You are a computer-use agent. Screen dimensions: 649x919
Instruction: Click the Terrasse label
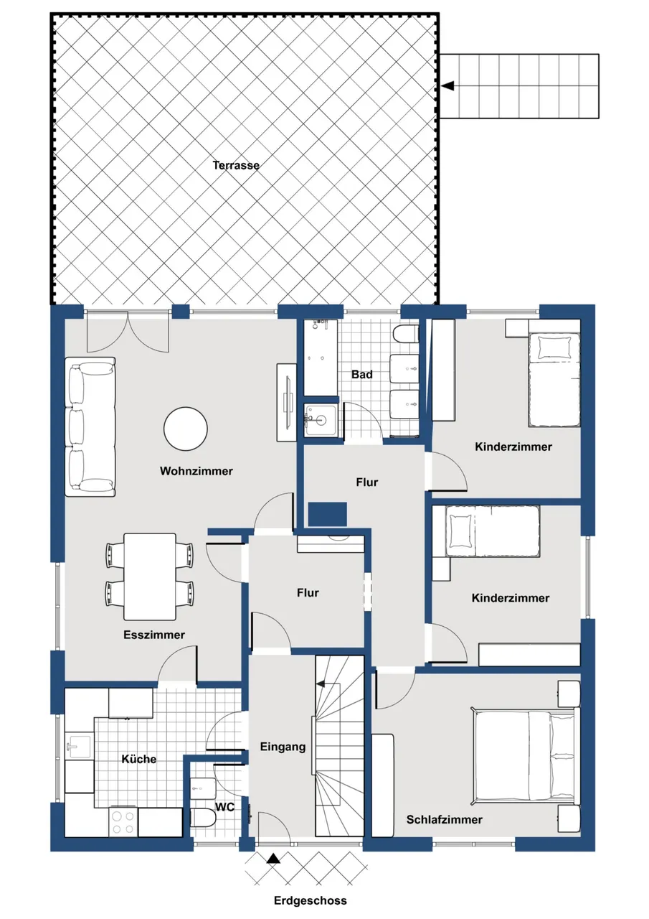coord(236,165)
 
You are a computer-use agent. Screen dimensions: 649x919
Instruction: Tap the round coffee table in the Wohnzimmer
coord(185,429)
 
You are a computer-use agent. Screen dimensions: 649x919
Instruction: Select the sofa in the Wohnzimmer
coord(90,426)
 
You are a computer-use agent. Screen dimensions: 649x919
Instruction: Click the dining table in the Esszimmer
coord(150,577)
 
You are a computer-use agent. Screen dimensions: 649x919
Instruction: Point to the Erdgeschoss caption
coord(311,900)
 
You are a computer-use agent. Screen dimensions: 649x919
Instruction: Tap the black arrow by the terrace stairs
coord(449,86)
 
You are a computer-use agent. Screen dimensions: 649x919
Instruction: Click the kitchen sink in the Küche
coord(80,746)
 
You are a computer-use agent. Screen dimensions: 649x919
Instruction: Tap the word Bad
coord(362,375)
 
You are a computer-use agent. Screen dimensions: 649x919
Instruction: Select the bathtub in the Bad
coord(321,358)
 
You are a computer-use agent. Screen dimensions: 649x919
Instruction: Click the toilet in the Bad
coord(405,334)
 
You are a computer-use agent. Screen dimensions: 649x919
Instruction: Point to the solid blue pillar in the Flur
coord(327,514)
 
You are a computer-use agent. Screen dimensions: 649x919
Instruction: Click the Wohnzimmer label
coord(196,470)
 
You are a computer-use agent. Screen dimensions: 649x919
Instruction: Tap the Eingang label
coord(283,746)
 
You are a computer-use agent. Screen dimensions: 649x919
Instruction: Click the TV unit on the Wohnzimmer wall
coord(286,402)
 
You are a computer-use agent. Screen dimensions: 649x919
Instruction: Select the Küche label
coord(139,759)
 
